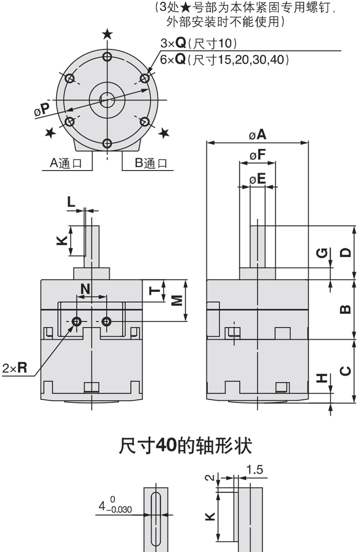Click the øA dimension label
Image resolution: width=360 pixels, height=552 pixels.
tap(257, 135)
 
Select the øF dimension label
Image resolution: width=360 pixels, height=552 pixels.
tap(257, 155)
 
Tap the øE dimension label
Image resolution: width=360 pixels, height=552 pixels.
tap(257, 179)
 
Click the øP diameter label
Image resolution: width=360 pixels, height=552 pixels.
tap(42, 110)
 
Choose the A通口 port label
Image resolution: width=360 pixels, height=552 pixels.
tap(65, 163)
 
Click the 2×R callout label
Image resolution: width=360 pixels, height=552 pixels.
tap(14, 368)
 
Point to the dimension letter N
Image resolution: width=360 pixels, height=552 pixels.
tap(85, 289)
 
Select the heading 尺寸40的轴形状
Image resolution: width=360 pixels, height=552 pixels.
tap(185, 446)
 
